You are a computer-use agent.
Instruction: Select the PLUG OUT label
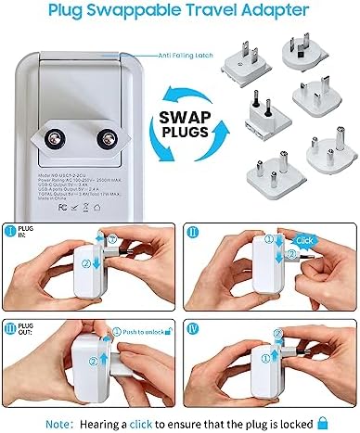click(x=27, y=325)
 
